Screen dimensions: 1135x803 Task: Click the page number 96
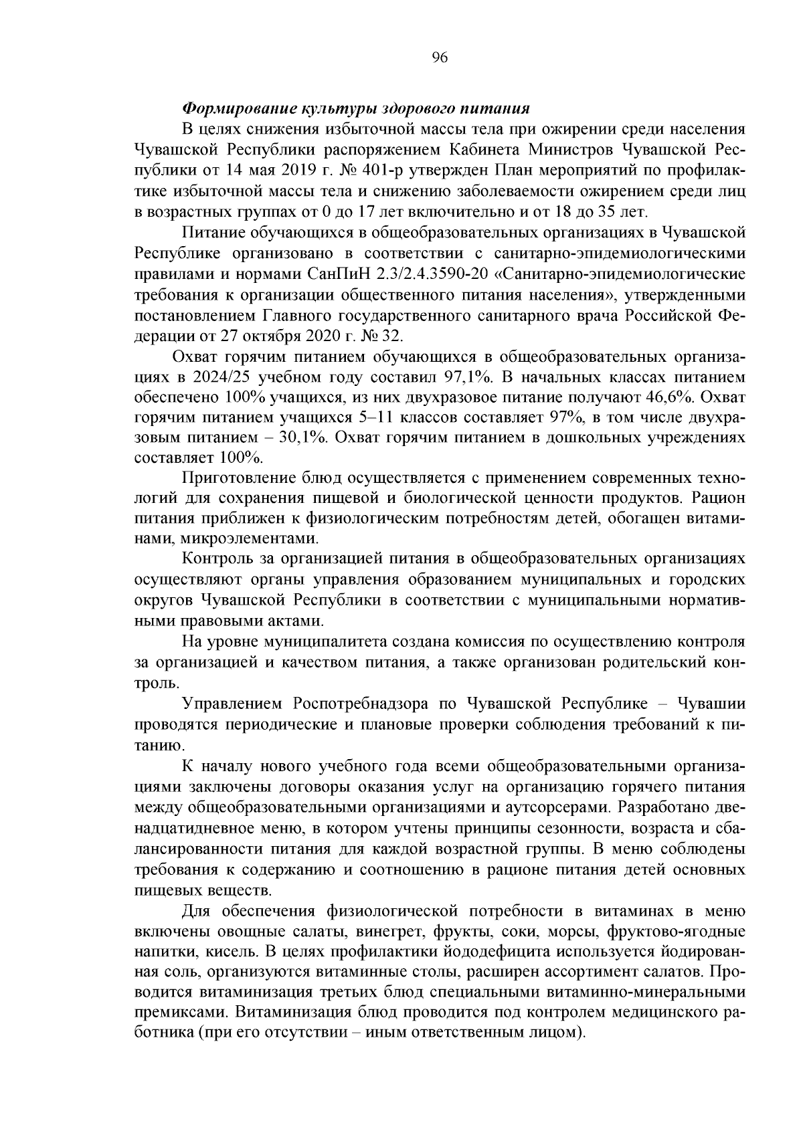coord(440,58)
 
